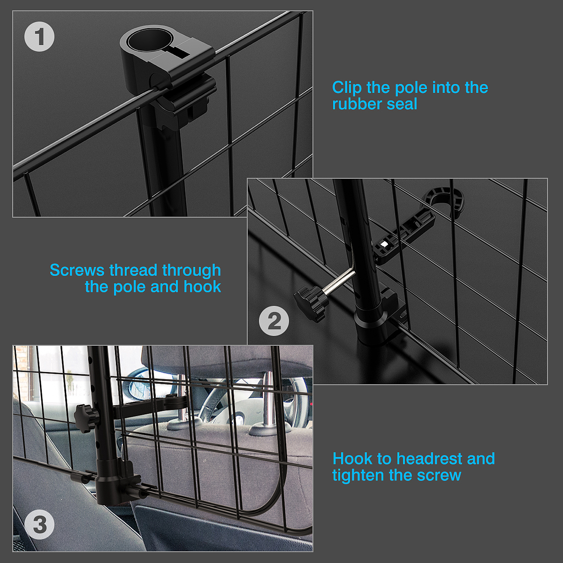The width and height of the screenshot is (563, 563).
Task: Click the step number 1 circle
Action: pyautogui.click(x=39, y=37)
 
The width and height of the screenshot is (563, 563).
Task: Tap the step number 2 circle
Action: pyautogui.click(x=274, y=321)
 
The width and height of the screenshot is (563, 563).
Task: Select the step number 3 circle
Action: pyautogui.click(x=39, y=525)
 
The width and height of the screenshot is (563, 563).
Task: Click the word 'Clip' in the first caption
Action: pyautogui.click(x=347, y=88)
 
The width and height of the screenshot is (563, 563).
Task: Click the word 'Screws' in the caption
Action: pyautogui.click(x=77, y=270)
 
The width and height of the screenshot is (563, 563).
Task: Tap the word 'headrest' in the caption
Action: pyautogui.click(x=429, y=458)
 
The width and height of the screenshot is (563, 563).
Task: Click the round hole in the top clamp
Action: pyautogui.click(x=149, y=40)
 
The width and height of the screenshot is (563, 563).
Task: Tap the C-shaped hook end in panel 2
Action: pyautogui.click(x=446, y=201)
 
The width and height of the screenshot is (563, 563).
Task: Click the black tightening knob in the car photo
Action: pyautogui.click(x=85, y=418)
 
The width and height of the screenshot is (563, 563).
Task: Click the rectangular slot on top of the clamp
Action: pyautogui.click(x=178, y=52)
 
